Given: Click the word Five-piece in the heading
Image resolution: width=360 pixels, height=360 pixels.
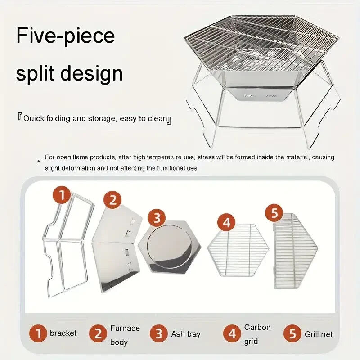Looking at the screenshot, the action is (65, 36).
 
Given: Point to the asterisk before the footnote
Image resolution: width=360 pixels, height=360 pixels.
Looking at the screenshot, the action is (39, 162).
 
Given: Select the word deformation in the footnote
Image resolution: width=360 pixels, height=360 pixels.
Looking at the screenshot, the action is (75, 168).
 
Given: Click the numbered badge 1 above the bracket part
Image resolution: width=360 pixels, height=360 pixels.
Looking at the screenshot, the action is (62, 195).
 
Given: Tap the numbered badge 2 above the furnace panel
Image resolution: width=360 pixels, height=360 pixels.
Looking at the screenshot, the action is (112, 200).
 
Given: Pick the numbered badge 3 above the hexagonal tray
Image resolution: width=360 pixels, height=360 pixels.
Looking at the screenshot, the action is (156, 217).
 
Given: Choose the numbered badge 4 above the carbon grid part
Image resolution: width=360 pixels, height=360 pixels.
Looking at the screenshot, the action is (226, 222).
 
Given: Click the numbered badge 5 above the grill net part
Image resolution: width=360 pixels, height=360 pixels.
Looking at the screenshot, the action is (274, 213).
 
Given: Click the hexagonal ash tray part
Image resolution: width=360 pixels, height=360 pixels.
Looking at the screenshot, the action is (170, 247).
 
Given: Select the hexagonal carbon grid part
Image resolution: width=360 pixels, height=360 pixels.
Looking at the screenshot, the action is (238, 250).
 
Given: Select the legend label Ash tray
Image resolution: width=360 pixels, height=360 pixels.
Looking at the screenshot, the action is (186, 334).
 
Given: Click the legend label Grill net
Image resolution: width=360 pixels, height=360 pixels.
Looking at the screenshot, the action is (319, 334).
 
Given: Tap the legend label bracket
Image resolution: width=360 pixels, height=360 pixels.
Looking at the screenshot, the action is (63, 333).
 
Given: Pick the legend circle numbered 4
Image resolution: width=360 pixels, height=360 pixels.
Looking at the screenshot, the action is (232, 333).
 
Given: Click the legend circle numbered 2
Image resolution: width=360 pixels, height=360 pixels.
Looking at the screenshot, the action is (98, 333).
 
